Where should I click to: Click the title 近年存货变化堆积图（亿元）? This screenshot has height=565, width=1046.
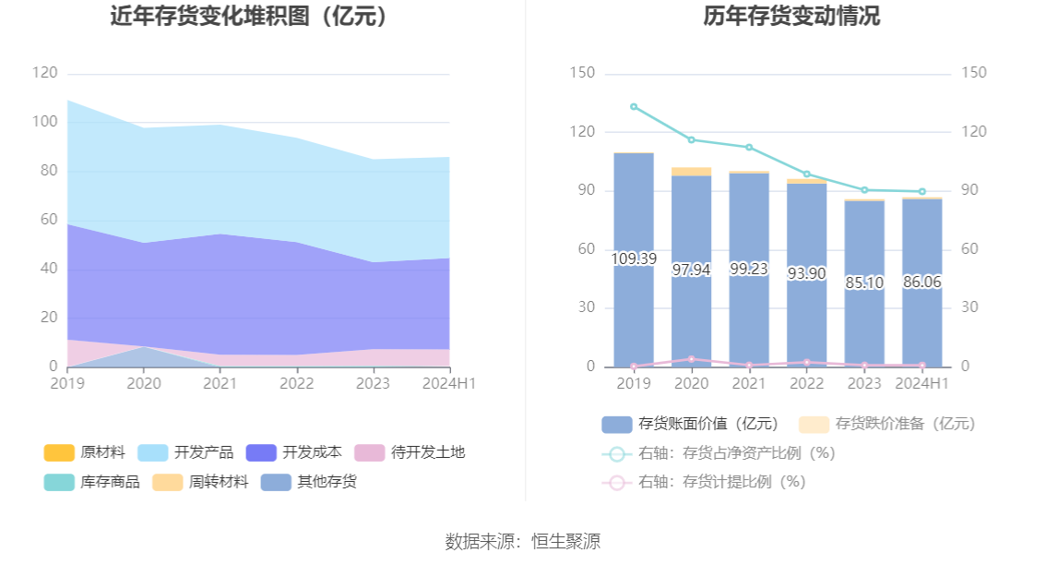(248, 17)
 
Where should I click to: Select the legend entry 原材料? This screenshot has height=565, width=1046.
(85, 452)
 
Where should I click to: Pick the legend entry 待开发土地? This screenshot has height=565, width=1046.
(410, 452)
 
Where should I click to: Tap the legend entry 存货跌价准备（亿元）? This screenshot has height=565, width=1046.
(886, 424)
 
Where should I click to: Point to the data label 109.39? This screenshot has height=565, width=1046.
(634, 259)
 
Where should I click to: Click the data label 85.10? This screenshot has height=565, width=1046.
(864, 282)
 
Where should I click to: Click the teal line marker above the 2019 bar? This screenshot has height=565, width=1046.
(634, 107)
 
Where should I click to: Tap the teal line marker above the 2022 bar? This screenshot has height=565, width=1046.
(806, 174)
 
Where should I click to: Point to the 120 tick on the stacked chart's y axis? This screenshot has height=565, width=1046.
(44, 73)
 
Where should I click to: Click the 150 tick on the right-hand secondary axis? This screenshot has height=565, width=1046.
(973, 73)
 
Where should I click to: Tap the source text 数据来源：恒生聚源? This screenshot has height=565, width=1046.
(522, 542)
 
